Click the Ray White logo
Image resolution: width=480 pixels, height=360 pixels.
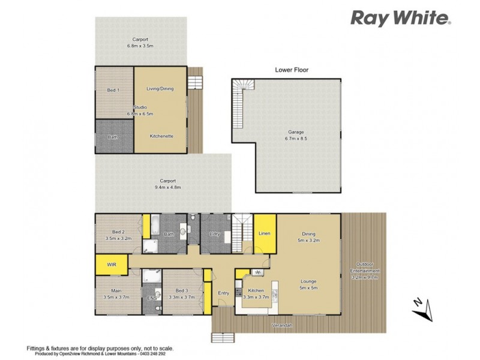click(x=400, y=18)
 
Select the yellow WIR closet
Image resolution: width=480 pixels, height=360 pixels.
click(x=112, y=264)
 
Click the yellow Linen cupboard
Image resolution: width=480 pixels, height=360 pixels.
click(x=264, y=233)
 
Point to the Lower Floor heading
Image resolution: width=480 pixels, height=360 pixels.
click(x=292, y=70)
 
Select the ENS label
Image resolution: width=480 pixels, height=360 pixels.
click(x=151, y=297)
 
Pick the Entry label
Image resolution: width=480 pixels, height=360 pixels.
click(x=223, y=293)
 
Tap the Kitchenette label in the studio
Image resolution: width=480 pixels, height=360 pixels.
click(x=161, y=136)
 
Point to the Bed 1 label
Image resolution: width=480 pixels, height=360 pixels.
click(x=113, y=90)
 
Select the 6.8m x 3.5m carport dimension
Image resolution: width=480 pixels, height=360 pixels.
click(x=140, y=46)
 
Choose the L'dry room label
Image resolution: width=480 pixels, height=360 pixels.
click(x=215, y=233)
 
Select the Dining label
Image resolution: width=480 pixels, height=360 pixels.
click(x=308, y=235)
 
